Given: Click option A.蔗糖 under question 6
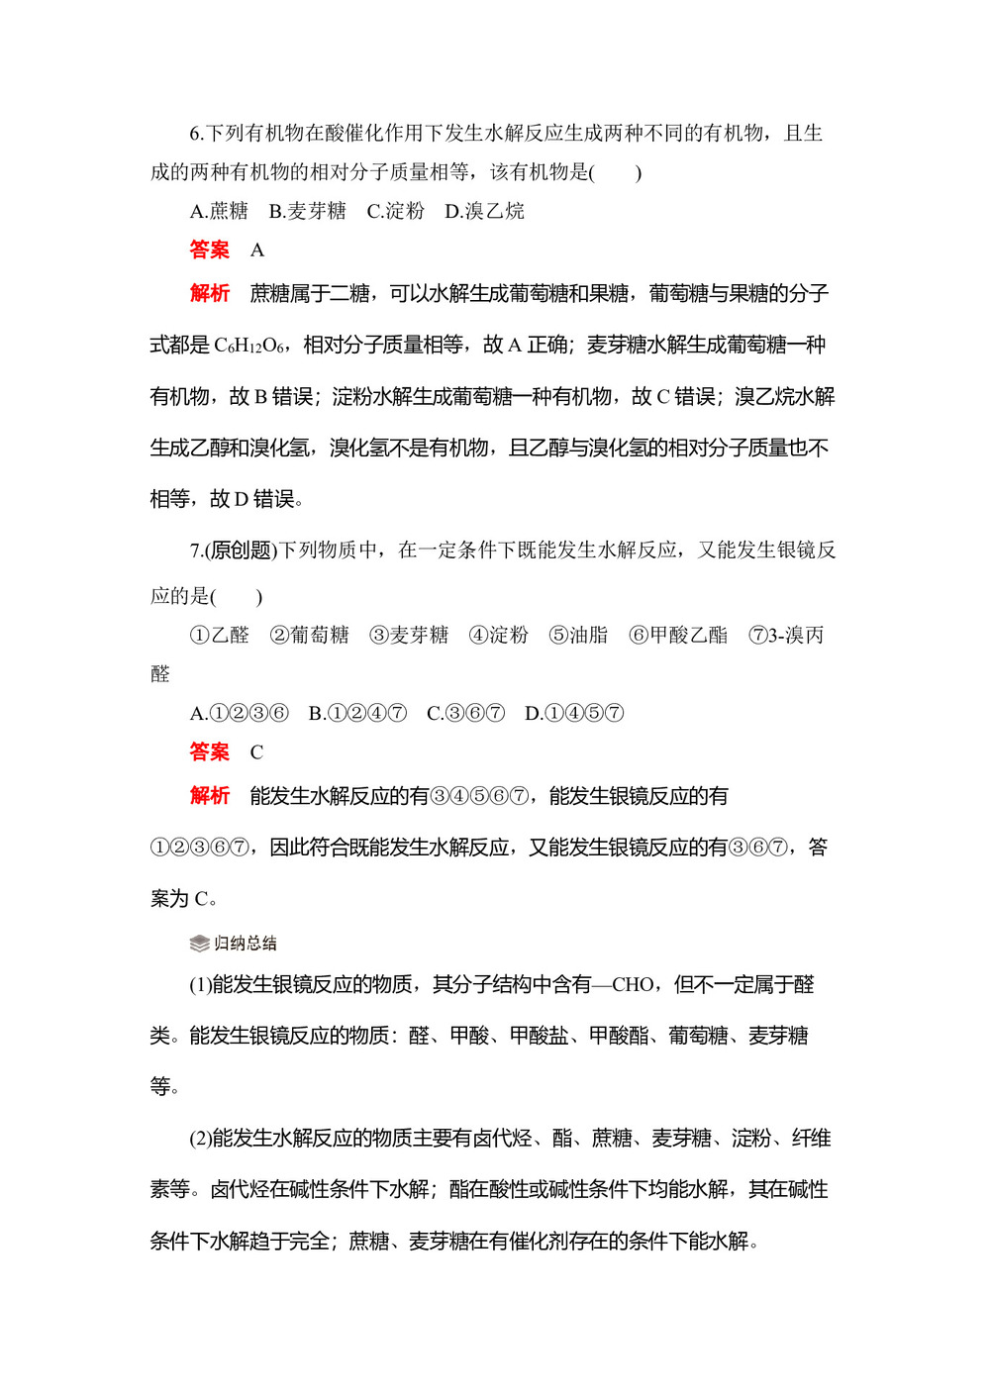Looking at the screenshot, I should point(219,211).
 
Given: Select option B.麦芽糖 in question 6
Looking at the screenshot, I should point(307,211).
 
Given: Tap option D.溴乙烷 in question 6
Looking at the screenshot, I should point(484,211).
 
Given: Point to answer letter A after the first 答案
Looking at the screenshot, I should point(257,250).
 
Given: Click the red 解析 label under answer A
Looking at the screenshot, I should point(209,293).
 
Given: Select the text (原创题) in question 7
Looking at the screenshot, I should point(241,550).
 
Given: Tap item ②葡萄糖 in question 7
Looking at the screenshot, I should point(309,635).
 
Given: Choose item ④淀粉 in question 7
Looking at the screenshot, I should point(498,635).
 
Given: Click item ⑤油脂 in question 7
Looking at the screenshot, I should point(578,635).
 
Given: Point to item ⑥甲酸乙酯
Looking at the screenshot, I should point(678,635).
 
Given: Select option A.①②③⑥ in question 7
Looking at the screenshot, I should point(239,713).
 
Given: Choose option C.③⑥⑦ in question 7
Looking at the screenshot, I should point(465,713).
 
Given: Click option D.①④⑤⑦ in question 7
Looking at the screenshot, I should point(574,713).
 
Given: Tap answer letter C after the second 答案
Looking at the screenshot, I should point(256,752).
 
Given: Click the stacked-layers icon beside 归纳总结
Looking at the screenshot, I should point(199,944).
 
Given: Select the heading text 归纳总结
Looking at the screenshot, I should point(246,944).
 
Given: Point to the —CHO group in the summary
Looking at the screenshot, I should point(623,985).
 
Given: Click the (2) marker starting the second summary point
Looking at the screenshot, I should point(200,1139).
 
